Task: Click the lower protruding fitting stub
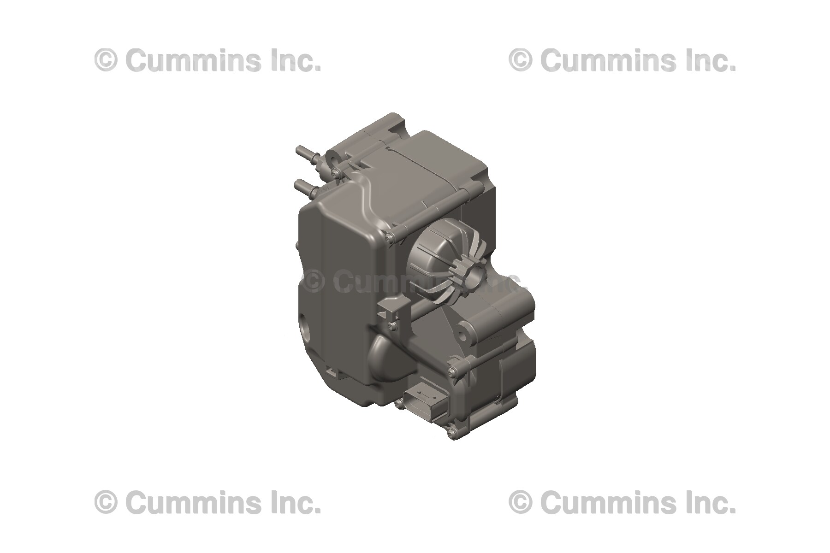pyautogui.click(x=302, y=185)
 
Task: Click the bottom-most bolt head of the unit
pyautogui.click(x=452, y=432)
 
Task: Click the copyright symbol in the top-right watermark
pyautogui.click(x=521, y=61)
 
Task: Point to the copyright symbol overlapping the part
pyautogui.click(x=314, y=282)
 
